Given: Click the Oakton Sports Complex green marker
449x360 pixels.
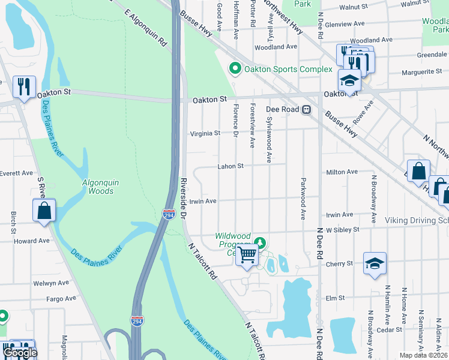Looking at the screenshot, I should click(235, 69).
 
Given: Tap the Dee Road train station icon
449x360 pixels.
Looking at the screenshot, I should click(306, 110).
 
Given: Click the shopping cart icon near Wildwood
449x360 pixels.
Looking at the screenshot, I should click(247, 255).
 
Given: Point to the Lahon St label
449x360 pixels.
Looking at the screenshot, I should click(230, 166).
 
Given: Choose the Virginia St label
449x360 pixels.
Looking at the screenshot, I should click(205, 134).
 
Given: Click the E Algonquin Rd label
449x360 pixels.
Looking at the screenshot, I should click(145, 28).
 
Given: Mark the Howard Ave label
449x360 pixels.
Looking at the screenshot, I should click(32, 241).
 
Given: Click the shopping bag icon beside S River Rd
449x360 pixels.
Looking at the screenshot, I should click(44, 211).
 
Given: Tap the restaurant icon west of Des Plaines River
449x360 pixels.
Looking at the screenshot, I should click(24, 86).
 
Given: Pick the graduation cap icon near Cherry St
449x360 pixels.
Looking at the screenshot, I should click(374, 264).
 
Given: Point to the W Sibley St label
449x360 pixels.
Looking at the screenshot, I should click(342, 229).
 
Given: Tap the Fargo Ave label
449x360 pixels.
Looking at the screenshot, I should click(63, 298).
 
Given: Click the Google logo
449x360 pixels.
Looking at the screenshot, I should click(19, 353).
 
